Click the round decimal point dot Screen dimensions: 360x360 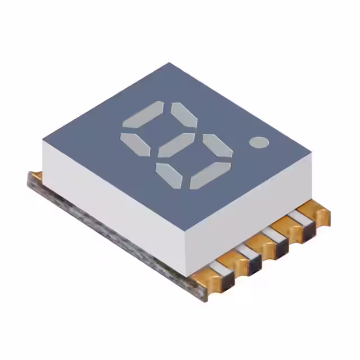[259, 142]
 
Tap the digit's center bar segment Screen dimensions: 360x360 [176, 145]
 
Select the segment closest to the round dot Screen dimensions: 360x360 [217, 145]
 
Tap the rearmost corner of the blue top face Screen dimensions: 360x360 [169, 63]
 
